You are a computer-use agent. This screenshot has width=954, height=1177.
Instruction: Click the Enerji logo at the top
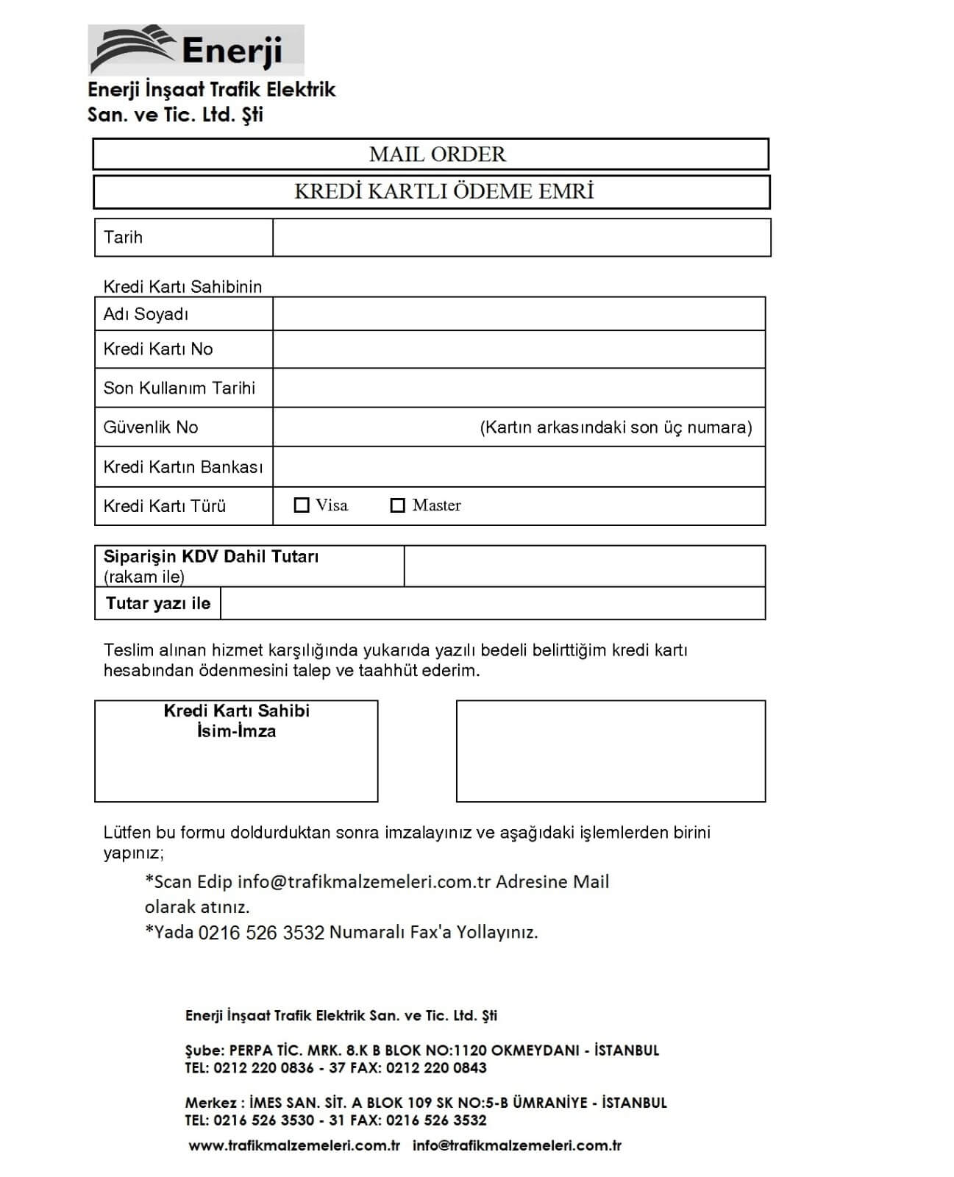point(195,50)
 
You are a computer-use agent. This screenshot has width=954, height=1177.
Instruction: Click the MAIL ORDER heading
point(437,154)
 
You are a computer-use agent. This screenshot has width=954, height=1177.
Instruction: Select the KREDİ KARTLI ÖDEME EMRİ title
point(444,191)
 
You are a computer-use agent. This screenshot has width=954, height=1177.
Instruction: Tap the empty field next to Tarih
point(521,238)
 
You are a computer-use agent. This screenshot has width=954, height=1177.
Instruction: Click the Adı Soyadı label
point(146,314)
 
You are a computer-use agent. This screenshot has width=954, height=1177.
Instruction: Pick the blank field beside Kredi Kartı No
point(519,349)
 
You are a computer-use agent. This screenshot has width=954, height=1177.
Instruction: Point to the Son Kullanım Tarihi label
point(179,388)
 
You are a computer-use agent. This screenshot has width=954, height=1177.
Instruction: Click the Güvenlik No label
point(150,427)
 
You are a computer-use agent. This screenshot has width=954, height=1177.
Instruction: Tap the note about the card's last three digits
point(616,427)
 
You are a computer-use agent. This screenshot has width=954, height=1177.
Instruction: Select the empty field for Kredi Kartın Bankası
point(519,467)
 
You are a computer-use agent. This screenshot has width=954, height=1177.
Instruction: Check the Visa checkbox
point(302,505)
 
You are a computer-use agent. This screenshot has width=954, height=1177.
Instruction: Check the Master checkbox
point(398,505)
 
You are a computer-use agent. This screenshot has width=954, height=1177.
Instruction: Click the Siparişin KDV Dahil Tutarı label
point(211,557)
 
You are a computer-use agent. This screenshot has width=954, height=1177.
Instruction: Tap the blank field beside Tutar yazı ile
point(493,604)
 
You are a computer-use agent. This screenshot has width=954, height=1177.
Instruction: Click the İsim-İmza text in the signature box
point(236,731)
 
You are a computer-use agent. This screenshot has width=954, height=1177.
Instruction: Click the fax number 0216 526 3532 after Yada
point(261,933)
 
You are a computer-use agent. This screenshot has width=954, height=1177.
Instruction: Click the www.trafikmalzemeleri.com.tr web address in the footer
point(294,1145)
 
